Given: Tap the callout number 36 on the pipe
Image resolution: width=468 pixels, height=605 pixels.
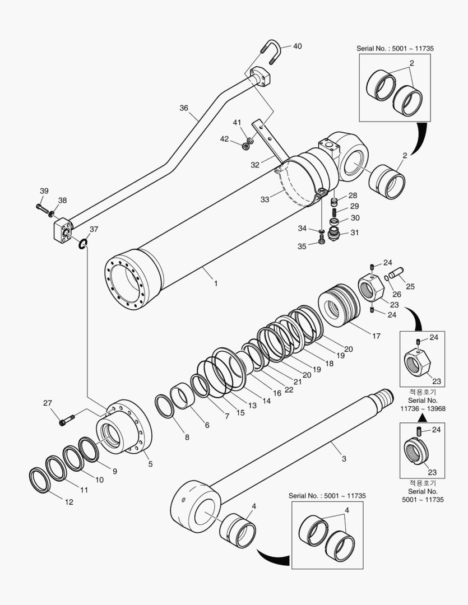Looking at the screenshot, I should tap(184, 108).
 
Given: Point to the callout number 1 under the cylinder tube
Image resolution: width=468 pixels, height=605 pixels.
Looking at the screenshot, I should tap(216, 284).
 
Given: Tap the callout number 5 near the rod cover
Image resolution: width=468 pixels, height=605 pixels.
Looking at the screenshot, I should tap(150, 463).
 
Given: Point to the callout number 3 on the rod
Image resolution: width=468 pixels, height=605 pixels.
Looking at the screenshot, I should tap(344, 458).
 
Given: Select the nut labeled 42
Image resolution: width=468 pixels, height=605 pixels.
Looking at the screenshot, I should tap(245, 147).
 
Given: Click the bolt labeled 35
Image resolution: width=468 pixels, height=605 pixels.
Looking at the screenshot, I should tap(322, 241).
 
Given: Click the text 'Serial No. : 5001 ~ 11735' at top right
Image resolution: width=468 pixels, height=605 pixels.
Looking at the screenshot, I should tap(395, 49).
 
